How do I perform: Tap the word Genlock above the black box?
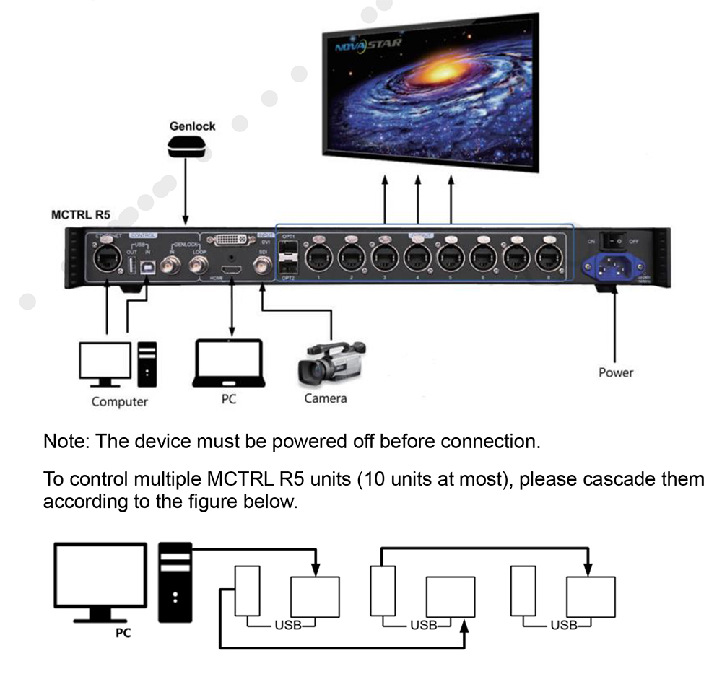pos(192,126)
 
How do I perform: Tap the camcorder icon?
pos(331,362)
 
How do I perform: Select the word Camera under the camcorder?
pos(326,398)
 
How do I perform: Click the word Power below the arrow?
pos(616,372)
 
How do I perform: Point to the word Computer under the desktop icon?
pos(120,401)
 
